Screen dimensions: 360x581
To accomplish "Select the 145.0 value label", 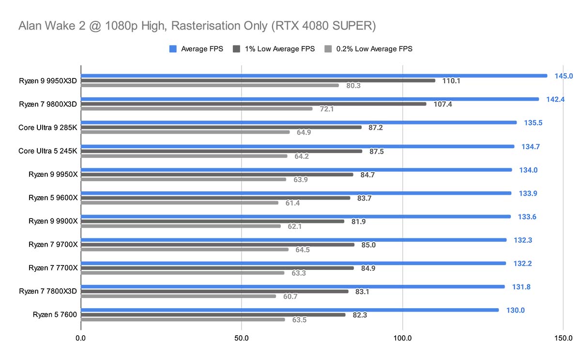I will (x=564, y=76).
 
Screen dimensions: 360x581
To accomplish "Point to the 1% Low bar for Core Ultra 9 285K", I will (x=221, y=127).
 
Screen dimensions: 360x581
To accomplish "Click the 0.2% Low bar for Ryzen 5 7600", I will (x=183, y=319).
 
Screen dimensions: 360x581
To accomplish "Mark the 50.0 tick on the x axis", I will (x=242, y=338).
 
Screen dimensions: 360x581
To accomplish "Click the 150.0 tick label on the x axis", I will (x=563, y=338).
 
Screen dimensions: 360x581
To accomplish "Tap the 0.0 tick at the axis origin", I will (x=81, y=338).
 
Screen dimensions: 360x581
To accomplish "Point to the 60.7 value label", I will (x=290, y=296).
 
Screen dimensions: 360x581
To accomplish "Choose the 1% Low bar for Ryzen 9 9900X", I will (x=213, y=221).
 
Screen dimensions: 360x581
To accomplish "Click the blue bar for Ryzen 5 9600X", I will (x=296, y=193).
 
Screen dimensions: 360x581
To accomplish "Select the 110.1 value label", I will (x=451, y=80).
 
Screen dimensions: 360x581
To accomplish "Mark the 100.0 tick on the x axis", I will (x=402, y=338).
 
